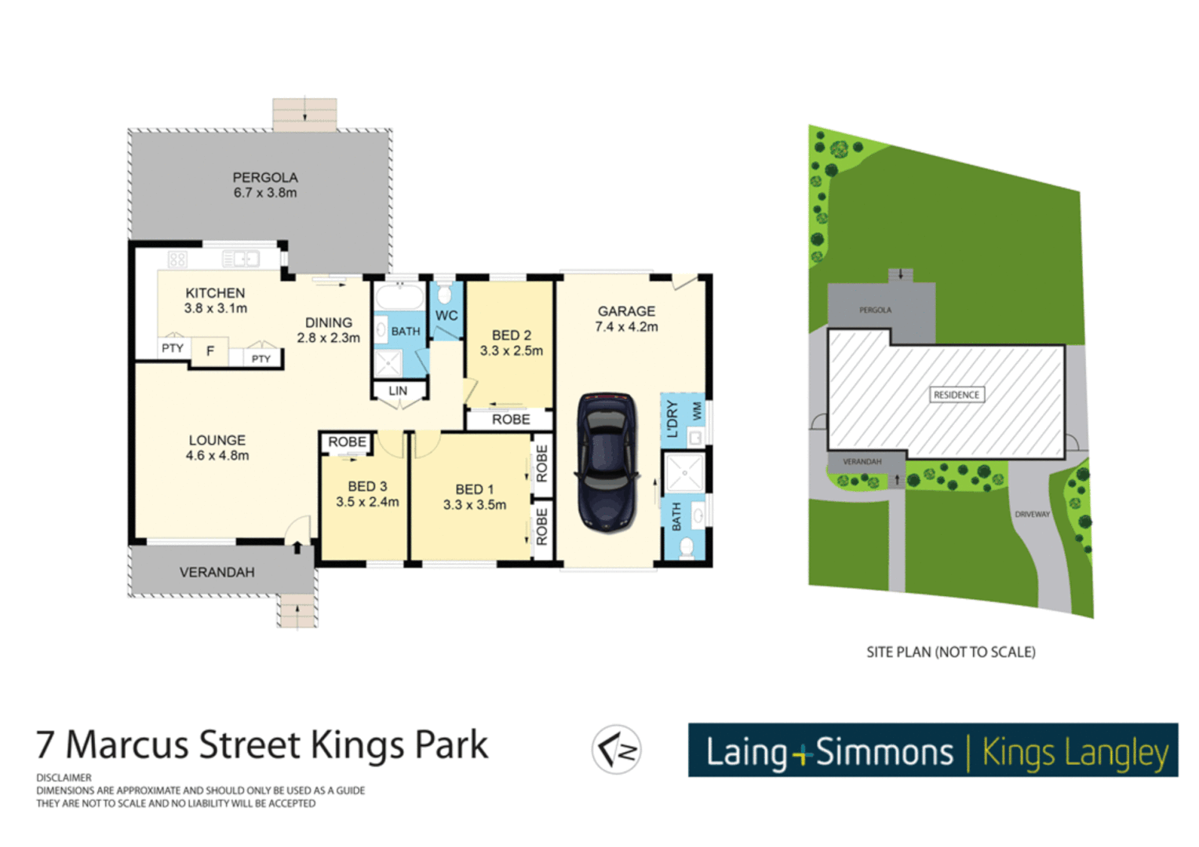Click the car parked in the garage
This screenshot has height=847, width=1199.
point(606,463)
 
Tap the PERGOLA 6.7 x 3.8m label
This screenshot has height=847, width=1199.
point(264,185)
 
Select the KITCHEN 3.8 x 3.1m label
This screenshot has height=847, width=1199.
point(215,300)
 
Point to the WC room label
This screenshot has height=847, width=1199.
point(446,315)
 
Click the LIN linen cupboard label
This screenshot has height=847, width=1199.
point(398,391)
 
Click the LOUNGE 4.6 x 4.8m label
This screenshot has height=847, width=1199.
point(217,448)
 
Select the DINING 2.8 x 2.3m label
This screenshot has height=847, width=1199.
point(328,330)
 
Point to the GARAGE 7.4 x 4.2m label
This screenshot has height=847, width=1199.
point(626,319)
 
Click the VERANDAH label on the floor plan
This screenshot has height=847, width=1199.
point(217,573)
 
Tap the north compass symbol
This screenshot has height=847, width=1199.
point(617,750)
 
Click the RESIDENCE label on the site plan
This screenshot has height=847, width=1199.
point(956,394)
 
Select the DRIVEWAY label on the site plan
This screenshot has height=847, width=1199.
point(1032,514)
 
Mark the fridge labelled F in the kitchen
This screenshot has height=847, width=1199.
point(210,351)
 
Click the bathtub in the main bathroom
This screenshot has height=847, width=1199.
point(399,298)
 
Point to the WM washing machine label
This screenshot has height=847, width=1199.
point(696,411)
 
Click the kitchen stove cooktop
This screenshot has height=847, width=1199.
point(177,259)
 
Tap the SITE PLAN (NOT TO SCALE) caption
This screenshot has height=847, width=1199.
point(950,652)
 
